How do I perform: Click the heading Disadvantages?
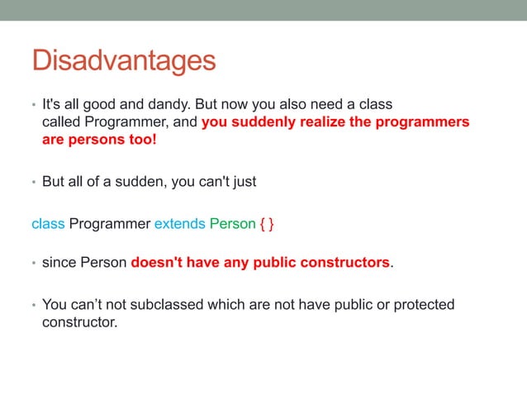click(x=123, y=60)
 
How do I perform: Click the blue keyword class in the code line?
click(x=48, y=224)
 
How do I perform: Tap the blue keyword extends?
click(x=180, y=224)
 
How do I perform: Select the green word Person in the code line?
click(x=232, y=224)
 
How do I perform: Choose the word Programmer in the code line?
click(x=109, y=224)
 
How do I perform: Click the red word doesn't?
click(x=159, y=264)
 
